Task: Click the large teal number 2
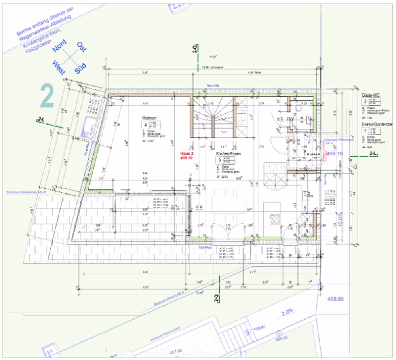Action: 47,97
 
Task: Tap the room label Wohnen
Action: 149,118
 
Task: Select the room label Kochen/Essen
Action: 228,153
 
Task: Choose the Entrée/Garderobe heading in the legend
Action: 376,124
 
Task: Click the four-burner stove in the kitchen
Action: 274,220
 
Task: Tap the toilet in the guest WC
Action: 299,107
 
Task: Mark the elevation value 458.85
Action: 335,299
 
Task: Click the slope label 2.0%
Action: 287,312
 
